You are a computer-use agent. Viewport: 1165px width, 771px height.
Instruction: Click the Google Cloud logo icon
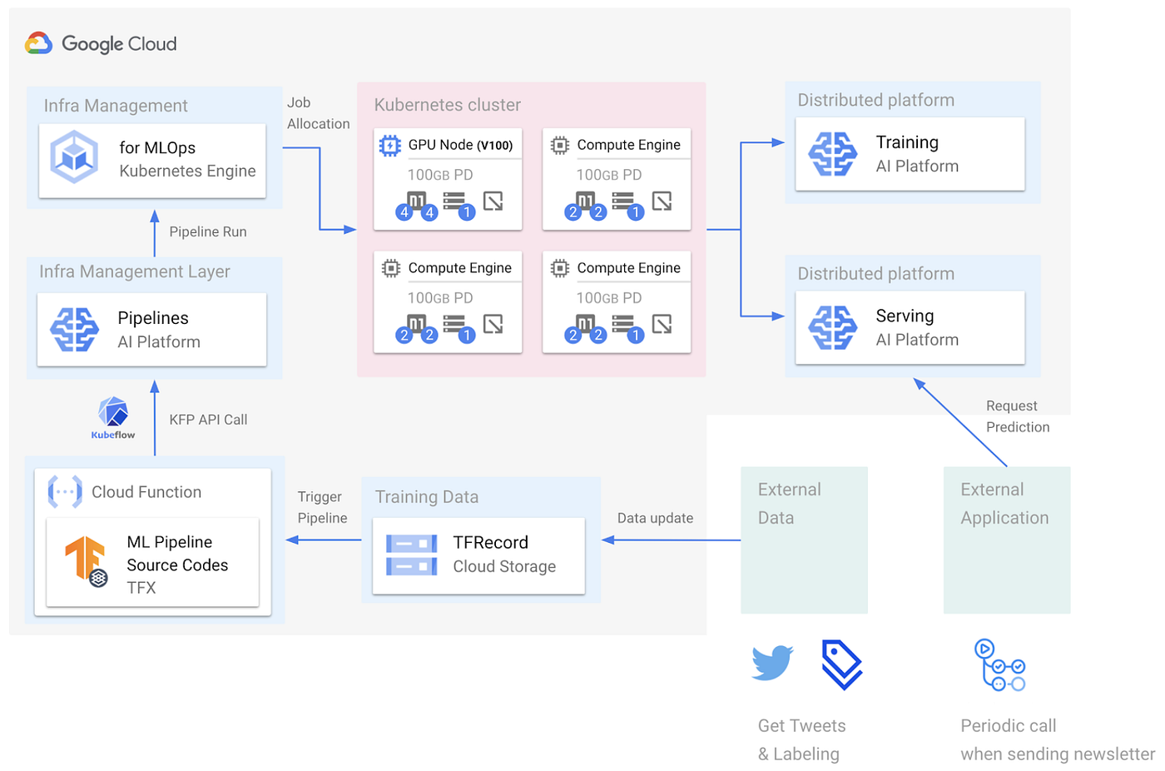tap(39, 43)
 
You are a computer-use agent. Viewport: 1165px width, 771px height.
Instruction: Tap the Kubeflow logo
tap(113, 416)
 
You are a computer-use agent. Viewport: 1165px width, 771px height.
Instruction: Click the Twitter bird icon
tap(772, 663)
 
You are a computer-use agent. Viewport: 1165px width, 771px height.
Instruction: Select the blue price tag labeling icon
tap(841, 664)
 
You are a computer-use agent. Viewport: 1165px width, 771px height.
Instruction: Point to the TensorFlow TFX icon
tap(87, 560)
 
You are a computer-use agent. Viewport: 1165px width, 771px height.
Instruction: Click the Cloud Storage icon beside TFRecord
tap(411, 555)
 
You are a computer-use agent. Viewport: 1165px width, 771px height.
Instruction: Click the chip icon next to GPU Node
tap(389, 146)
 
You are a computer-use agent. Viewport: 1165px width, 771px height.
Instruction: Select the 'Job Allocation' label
tap(318, 113)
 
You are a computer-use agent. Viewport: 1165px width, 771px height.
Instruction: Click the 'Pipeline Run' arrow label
tap(208, 232)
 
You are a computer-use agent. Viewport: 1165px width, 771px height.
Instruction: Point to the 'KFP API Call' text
tap(208, 420)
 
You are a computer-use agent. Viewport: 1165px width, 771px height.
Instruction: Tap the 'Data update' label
tap(655, 518)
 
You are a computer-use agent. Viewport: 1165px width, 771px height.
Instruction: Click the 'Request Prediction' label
tap(1017, 416)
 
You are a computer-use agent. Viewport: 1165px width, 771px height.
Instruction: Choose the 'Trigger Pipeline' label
tap(322, 507)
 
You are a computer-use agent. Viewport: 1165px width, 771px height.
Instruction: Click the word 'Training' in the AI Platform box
tap(907, 142)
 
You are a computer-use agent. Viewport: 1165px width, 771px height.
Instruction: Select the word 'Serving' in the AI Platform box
tap(905, 316)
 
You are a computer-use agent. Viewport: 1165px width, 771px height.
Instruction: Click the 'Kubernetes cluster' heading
tap(447, 105)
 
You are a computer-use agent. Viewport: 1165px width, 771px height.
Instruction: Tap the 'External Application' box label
tap(1004, 504)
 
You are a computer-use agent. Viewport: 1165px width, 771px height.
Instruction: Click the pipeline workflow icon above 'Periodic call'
tap(999, 665)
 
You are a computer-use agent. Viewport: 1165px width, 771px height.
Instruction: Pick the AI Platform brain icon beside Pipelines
tap(75, 330)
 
